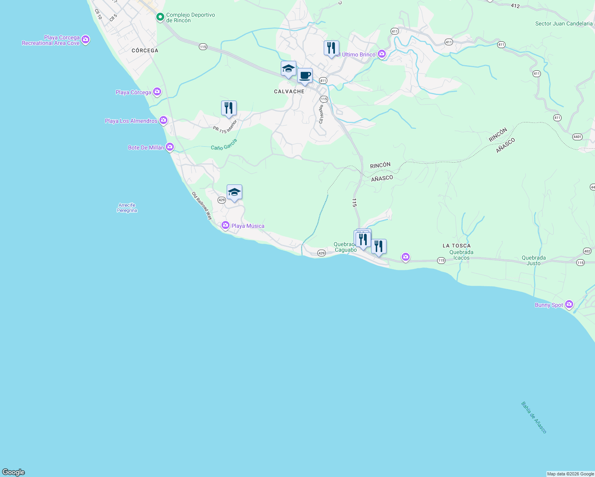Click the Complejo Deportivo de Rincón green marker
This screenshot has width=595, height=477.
pyautogui.click(x=160, y=17)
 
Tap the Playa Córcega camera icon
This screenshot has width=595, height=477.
pyautogui.click(x=157, y=92)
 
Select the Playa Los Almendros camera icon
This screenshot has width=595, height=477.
pyautogui.click(x=163, y=120)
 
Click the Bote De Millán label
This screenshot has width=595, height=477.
pyautogui.click(x=146, y=147)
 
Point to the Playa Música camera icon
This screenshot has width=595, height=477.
pyautogui.click(x=226, y=225)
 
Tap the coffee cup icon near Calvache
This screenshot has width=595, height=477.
pyautogui.click(x=305, y=76)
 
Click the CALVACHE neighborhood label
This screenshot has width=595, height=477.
pyautogui.click(x=289, y=91)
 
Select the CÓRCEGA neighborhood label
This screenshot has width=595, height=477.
pyautogui.click(x=145, y=50)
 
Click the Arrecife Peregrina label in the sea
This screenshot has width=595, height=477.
pyautogui.click(x=127, y=208)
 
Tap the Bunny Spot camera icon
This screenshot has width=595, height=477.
pyautogui.click(x=569, y=304)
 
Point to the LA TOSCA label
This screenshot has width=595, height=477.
pyautogui.click(x=457, y=246)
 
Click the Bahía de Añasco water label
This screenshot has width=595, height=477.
pyautogui.click(x=534, y=417)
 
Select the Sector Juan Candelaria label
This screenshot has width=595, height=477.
pyautogui.click(x=564, y=23)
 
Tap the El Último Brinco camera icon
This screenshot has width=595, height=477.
pyautogui.click(x=382, y=54)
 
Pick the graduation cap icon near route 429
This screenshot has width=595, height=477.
pyautogui.click(x=234, y=192)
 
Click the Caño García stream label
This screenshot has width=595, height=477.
pyautogui.click(x=224, y=145)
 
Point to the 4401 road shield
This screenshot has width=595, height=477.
pyautogui.click(x=577, y=137)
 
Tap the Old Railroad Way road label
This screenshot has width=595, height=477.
pyautogui.click(x=202, y=206)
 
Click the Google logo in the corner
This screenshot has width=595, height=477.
pyautogui.click(x=14, y=472)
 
